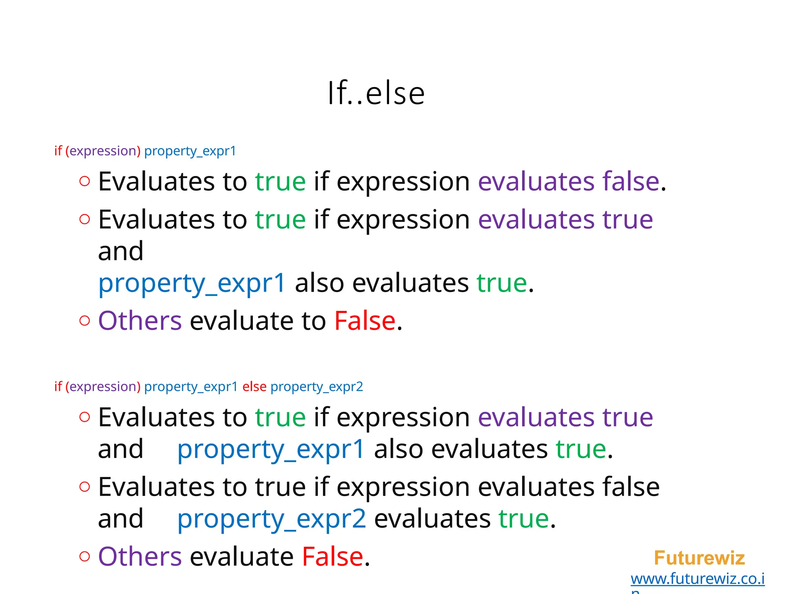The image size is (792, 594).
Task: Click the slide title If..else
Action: [376, 93]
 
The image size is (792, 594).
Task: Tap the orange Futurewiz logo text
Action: [699, 558]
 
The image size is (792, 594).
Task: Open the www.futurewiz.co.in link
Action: [697, 579]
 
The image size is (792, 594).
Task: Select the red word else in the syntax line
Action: [254, 386]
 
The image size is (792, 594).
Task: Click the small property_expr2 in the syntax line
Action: [317, 387]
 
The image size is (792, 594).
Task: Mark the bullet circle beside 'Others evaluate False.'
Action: [84, 556]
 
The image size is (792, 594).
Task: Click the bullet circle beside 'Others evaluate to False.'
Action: [84, 321]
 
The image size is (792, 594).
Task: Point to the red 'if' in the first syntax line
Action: [58, 150]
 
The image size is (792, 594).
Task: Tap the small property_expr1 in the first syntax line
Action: [190, 151]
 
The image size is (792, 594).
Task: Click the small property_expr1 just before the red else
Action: [191, 387]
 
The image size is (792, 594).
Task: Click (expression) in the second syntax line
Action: [103, 387]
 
